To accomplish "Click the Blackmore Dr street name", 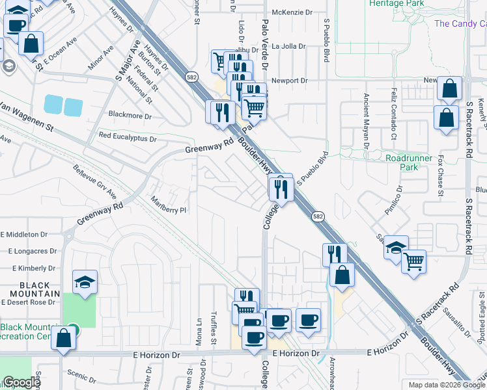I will (130, 116).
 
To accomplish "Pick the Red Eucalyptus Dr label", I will (128, 138).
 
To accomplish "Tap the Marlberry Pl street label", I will (169, 205).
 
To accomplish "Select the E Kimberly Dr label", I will (32, 268).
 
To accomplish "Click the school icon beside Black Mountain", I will (85, 282).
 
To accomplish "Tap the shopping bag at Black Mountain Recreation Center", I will (63, 338).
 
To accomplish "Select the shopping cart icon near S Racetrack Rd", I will (413, 262).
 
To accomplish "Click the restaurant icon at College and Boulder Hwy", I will (281, 188).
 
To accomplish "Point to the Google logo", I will (21, 382).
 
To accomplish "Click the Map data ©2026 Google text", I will (446, 385).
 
